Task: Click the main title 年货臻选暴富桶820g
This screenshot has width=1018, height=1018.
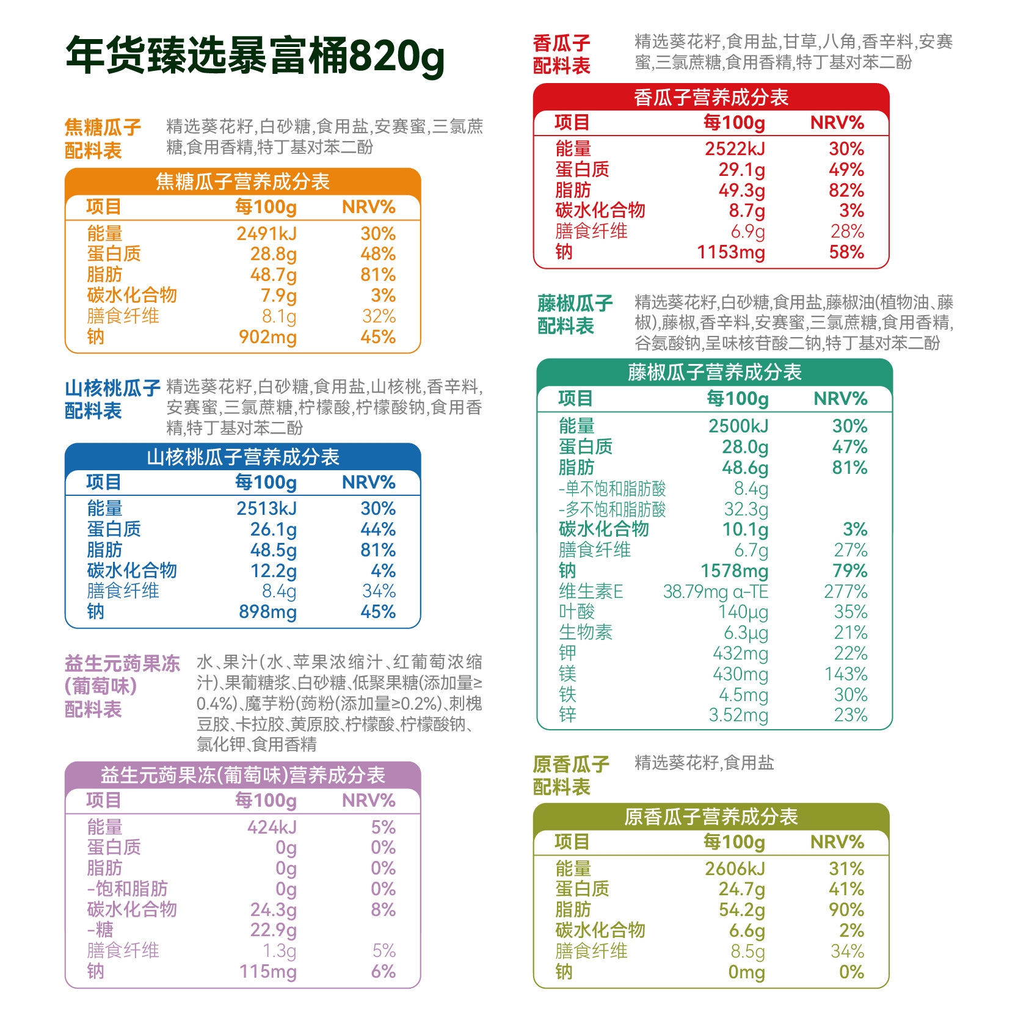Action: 255,56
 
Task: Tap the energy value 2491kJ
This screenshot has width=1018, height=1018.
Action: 266,234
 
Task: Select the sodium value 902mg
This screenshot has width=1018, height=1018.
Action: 267,337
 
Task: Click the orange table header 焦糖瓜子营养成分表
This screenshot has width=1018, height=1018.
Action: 242,182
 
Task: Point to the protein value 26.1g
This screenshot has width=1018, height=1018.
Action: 273,529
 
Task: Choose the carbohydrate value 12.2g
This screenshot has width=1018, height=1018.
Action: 273,571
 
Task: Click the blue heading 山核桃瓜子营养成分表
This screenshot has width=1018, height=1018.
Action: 242,457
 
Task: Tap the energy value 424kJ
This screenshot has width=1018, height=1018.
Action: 272,827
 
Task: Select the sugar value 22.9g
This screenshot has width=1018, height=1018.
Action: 273,930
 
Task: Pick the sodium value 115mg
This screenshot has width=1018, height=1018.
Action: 267,972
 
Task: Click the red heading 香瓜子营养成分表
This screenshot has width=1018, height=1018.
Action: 711,98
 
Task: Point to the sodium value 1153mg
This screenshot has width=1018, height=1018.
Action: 731,252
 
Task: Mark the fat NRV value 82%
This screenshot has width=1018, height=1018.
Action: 846,191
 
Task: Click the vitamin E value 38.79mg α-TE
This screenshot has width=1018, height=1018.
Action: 715,592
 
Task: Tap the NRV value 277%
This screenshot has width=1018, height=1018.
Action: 845,592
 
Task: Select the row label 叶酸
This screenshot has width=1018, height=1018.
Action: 576,612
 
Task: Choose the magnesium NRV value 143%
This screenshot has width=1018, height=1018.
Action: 845,674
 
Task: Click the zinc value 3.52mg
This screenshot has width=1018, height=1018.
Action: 738,715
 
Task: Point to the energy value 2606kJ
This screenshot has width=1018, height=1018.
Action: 735,869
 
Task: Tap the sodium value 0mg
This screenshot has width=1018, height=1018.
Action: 746,972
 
